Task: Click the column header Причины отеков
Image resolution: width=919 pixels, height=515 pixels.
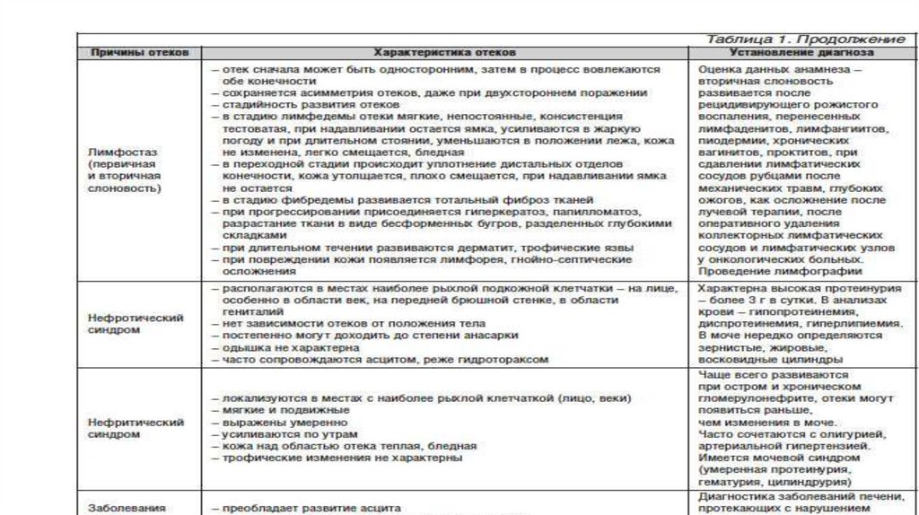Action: click(x=139, y=53)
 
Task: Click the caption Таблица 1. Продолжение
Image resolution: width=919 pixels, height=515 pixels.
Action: click(x=804, y=39)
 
